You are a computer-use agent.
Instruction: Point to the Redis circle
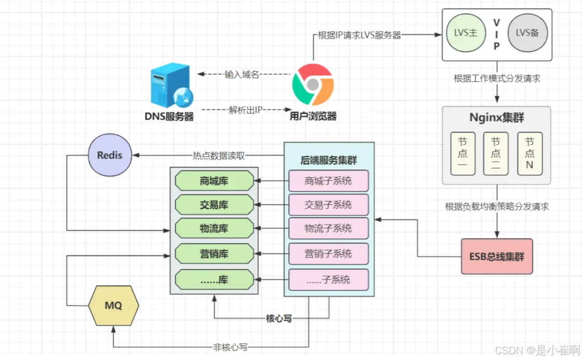(110, 155)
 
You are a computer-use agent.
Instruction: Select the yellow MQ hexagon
(114, 305)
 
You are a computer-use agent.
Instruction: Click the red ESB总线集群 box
(497, 257)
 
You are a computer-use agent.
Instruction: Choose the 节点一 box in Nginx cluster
(463, 154)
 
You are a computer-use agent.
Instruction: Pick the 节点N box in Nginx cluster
(529, 154)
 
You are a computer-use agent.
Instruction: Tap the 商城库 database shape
(214, 181)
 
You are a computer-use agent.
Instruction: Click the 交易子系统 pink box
(328, 205)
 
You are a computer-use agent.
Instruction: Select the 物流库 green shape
(214, 228)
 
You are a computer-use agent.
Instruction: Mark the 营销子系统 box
(328, 254)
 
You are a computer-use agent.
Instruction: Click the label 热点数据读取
(219, 156)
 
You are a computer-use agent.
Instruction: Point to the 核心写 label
(279, 319)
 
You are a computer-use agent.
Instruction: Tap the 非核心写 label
(230, 347)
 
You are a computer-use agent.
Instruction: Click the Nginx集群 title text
(496, 118)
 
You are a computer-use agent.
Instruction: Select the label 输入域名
(242, 74)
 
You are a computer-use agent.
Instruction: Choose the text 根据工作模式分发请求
(497, 78)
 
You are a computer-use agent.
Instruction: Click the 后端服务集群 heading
(328, 160)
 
